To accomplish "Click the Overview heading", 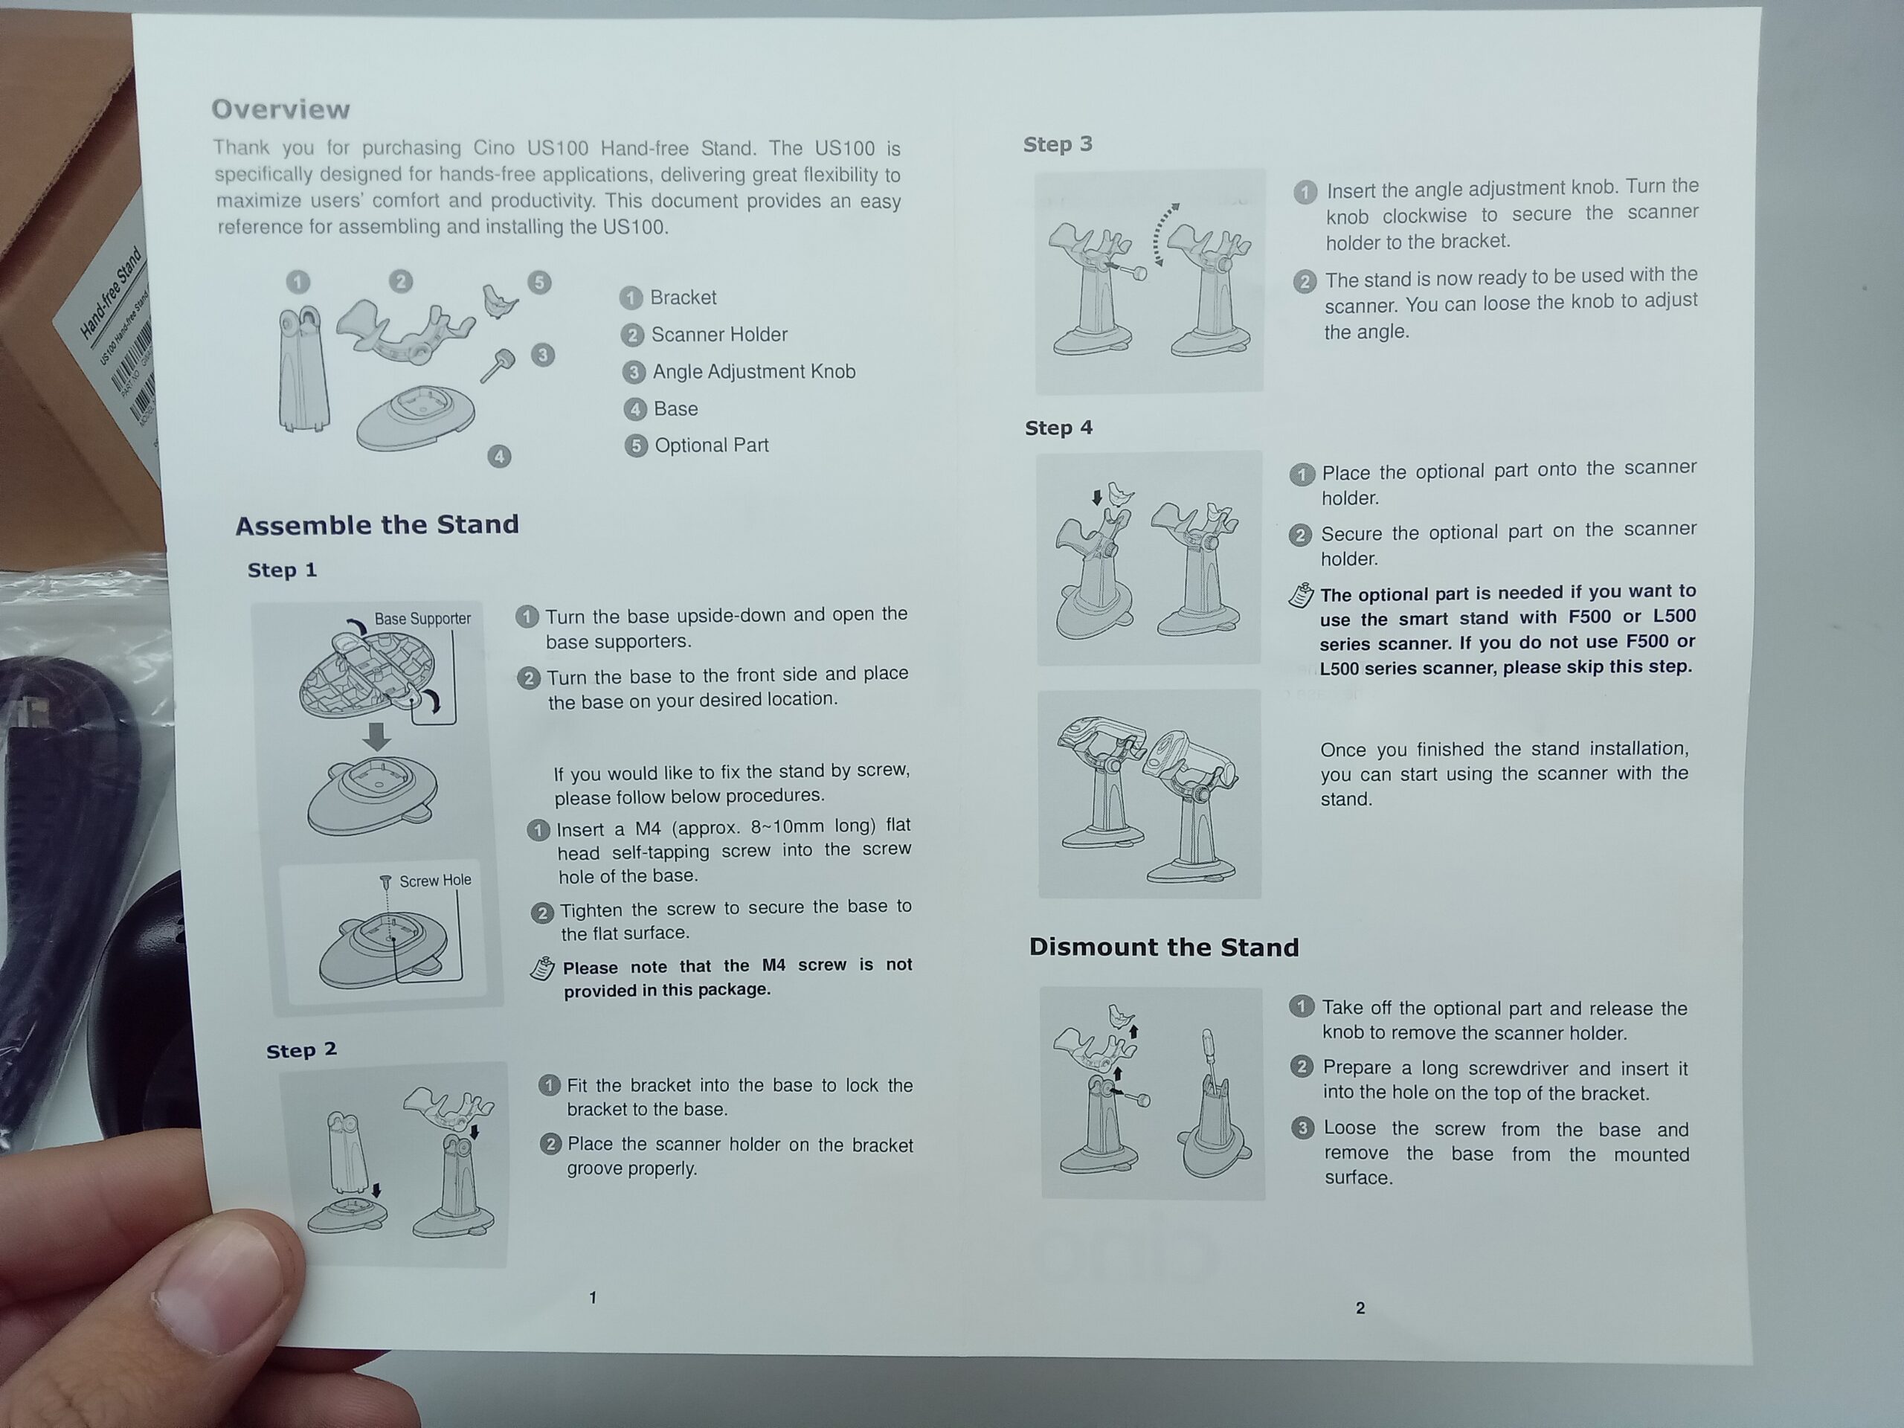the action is (x=280, y=109).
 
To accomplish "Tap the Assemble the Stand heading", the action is (x=377, y=524).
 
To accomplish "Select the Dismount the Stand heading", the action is (x=1164, y=947).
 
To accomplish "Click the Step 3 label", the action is (x=1058, y=144).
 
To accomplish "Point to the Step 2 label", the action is (x=301, y=1050).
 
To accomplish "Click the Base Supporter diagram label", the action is (x=422, y=618).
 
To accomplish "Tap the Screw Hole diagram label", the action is (x=434, y=881).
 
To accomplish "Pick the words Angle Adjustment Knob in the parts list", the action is (x=754, y=371).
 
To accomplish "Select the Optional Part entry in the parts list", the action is (x=712, y=445).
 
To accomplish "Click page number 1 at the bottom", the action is (x=592, y=1297).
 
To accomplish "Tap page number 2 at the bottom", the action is (x=1360, y=1308).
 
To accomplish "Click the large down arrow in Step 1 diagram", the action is (x=376, y=736).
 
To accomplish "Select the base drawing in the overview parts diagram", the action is (x=416, y=417).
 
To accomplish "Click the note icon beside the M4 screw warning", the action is (x=542, y=968).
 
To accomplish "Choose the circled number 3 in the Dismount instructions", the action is (x=1303, y=1128).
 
